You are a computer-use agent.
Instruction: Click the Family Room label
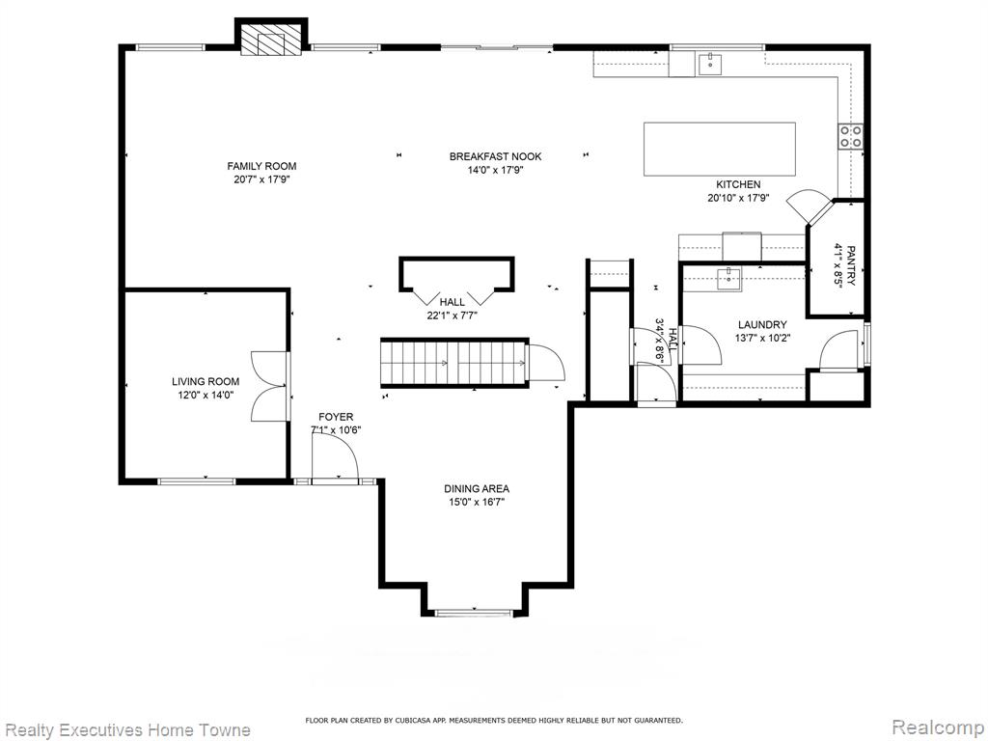(261, 166)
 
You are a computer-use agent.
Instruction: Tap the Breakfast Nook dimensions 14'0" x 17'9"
(495, 170)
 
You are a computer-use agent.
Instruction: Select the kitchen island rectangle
(719, 150)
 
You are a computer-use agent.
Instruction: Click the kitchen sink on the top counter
(710, 65)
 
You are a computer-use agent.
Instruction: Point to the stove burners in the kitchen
(850, 136)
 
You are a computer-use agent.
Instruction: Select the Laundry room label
(762, 325)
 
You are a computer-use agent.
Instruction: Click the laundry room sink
(729, 278)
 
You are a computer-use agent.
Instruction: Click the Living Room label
(206, 382)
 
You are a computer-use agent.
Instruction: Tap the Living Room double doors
(271, 386)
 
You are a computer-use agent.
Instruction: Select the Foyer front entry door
(335, 459)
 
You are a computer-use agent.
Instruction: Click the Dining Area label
(477, 489)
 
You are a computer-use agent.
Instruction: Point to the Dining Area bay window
(475, 611)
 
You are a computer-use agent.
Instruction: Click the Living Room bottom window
(196, 481)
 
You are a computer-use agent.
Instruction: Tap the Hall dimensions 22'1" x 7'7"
(453, 316)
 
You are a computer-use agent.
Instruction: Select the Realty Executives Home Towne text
(126, 730)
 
